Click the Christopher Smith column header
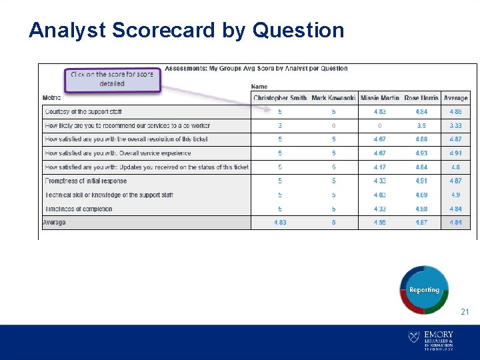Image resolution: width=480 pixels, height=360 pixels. (280, 98)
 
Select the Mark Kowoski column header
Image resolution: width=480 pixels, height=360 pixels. (333, 98)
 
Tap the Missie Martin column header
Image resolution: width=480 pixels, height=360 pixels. (380, 98)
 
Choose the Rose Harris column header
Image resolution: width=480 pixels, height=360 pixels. (421, 98)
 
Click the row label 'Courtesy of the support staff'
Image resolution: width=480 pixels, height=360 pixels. (83, 111)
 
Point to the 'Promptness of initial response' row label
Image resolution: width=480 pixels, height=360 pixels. (85, 181)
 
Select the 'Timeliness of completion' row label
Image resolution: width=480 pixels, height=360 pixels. (79, 209)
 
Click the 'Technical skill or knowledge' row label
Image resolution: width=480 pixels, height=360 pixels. (109, 195)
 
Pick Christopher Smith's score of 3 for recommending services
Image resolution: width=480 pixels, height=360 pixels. (280, 125)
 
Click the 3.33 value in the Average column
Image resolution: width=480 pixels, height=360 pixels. (455, 125)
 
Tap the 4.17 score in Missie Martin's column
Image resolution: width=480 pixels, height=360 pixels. (380, 167)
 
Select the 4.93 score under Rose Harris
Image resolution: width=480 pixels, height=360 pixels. (421, 153)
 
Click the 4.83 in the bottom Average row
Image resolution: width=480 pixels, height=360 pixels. (280, 223)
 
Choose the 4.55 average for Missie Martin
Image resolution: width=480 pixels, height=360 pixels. (380, 223)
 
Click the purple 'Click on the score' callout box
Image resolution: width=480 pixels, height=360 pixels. (112, 79)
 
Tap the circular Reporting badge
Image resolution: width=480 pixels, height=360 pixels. (424, 290)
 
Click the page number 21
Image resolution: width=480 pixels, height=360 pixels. (465, 312)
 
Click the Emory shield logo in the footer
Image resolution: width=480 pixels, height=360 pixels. (413, 337)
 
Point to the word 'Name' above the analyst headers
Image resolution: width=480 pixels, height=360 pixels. (259, 86)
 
